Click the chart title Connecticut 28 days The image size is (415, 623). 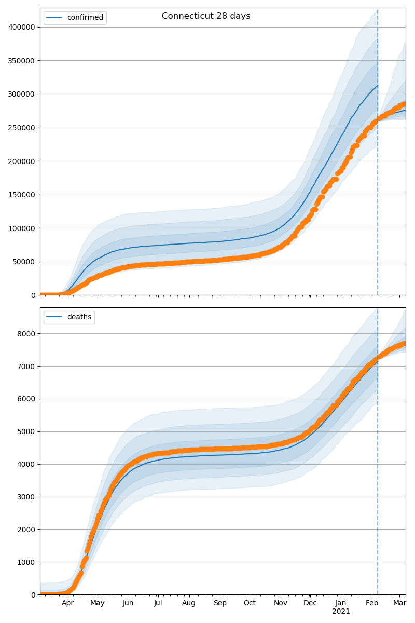tap(206, 16)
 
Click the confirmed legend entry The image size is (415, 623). tap(85, 18)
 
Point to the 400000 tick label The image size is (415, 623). tap(22, 27)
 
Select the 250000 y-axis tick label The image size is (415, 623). tap(22, 128)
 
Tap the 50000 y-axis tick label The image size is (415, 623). tap(24, 262)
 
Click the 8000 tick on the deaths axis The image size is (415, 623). tap(27, 333)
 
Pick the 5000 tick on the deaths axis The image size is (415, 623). tap(27, 431)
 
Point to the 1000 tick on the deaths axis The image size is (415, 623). tap(27, 562)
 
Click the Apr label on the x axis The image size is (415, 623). tap(67, 603)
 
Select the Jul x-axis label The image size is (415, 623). tap(158, 603)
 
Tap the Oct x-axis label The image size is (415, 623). tap(250, 603)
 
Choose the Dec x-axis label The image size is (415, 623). tap(310, 603)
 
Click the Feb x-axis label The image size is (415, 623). tap(372, 603)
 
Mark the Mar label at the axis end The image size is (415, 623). tap(399, 603)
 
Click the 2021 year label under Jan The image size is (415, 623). tap(341, 612)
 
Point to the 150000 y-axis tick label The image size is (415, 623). tap(22, 195)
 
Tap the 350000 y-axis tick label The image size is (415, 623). tap(22, 61)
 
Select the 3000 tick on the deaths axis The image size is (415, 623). tap(27, 497)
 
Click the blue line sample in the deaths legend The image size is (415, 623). tap(54, 317)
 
